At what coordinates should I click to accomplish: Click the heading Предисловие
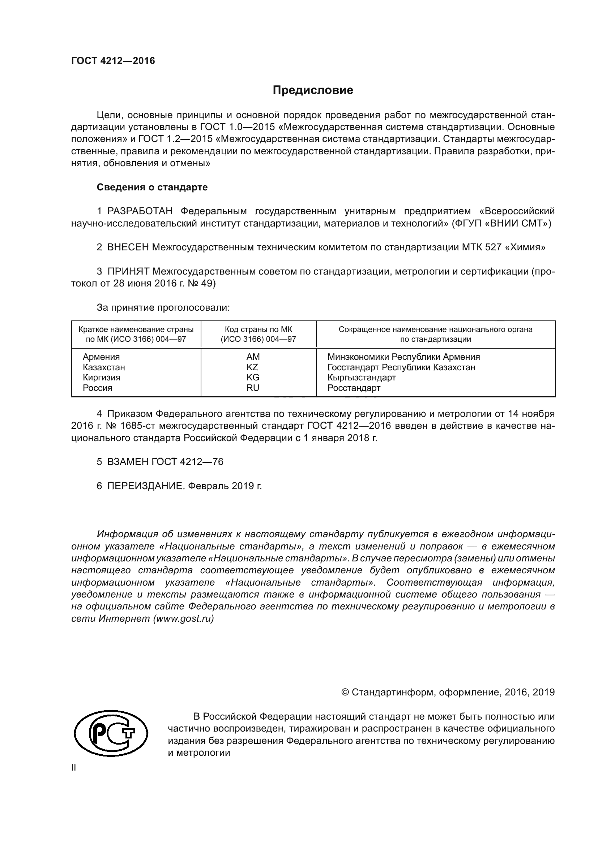click(313, 90)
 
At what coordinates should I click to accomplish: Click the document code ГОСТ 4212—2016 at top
click(113, 61)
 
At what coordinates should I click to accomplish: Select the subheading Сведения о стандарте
click(152, 187)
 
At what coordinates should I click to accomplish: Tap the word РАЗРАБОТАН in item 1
click(140, 211)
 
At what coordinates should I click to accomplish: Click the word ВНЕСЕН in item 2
click(128, 247)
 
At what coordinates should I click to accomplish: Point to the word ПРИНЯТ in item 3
click(128, 272)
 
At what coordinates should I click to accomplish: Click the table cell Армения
click(101, 357)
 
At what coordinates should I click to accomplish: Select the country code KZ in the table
click(252, 367)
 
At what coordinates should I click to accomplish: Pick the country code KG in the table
click(253, 378)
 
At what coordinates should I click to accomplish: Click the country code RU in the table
click(253, 388)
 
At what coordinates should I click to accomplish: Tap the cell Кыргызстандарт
click(361, 378)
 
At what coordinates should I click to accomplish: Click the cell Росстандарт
click(354, 388)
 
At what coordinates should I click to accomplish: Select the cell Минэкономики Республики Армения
click(403, 357)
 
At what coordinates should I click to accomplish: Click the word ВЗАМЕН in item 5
click(128, 462)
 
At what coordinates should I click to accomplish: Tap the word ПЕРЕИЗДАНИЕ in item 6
click(145, 486)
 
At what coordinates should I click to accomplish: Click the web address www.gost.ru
click(183, 618)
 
